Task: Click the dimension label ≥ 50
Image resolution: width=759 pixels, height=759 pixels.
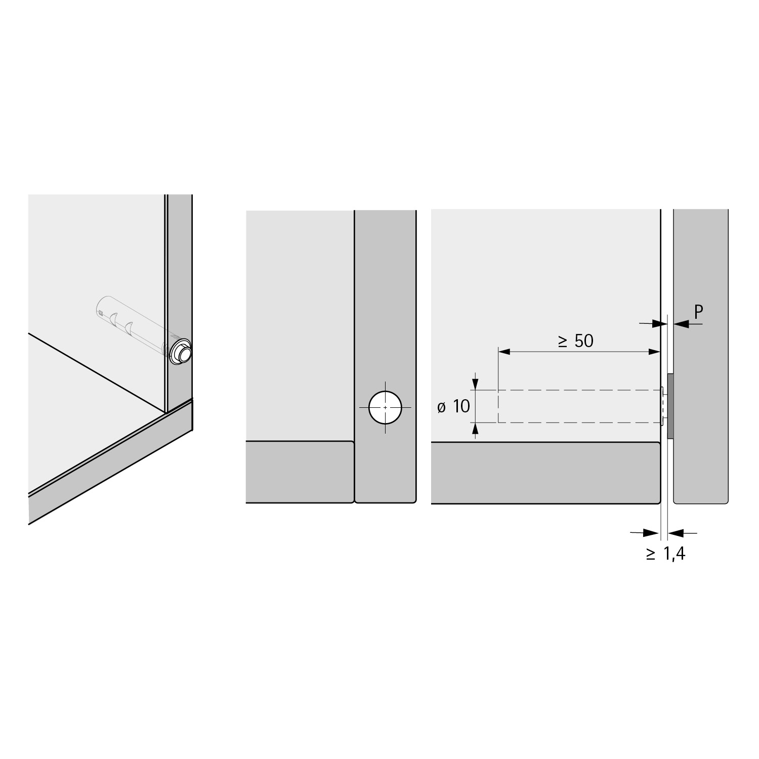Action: coord(576,341)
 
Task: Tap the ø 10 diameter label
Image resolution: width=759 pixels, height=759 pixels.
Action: coord(454,406)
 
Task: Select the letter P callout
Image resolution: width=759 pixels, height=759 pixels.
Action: coord(699,312)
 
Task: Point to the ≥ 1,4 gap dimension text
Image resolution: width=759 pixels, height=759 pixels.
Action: coord(665,554)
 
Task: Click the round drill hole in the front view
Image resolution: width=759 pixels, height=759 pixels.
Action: coord(385,407)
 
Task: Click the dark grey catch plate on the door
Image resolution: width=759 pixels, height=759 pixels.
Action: coord(670,406)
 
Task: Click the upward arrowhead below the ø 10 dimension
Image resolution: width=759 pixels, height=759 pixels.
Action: coord(475,428)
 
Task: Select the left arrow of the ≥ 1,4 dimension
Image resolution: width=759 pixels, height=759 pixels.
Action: coord(652,532)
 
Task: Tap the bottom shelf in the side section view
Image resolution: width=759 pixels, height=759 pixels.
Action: coord(545,473)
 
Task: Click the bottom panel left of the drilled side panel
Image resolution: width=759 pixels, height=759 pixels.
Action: coord(299,472)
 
